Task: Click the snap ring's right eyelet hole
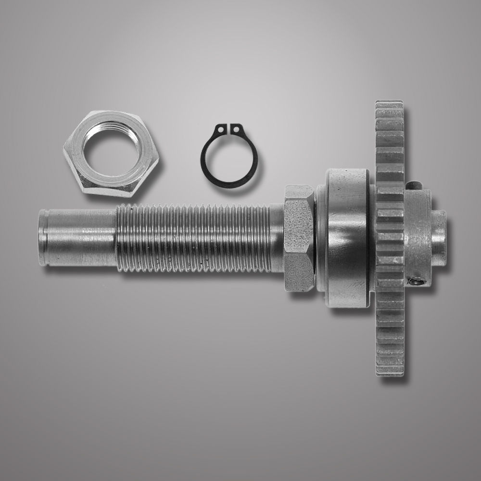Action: [x=236, y=129]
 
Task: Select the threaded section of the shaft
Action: [x=192, y=238]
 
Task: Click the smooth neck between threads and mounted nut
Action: [x=277, y=238]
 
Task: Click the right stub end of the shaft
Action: [x=439, y=239]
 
